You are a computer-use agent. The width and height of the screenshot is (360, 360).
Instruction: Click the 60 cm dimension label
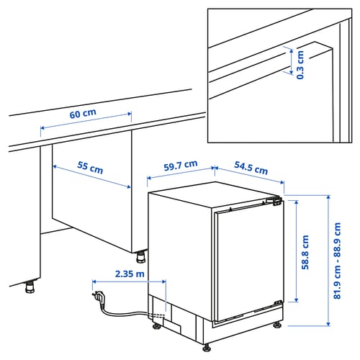pos(83,114)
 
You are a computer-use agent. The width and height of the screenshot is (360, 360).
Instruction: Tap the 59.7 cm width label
pos(180,166)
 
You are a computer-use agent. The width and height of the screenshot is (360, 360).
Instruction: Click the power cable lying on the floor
pos(126,310)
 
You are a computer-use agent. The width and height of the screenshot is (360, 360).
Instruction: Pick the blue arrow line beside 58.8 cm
pos(295,251)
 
